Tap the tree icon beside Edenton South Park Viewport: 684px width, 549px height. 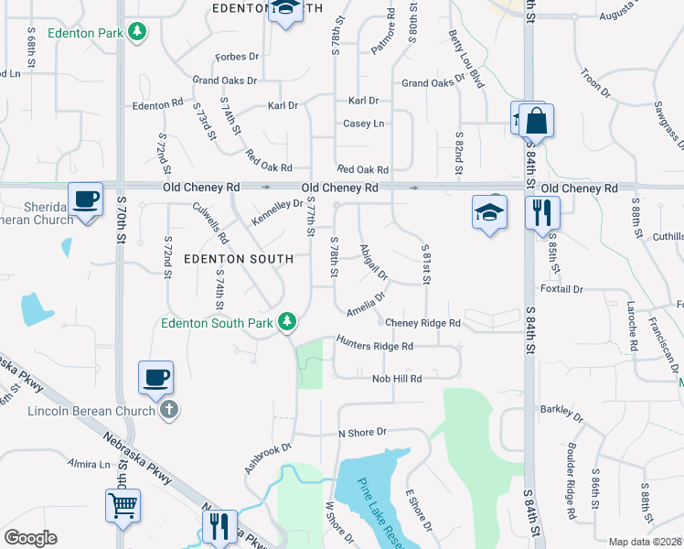point(287,321)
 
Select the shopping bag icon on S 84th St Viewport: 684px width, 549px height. point(537,121)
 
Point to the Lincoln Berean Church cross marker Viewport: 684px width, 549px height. point(168,411)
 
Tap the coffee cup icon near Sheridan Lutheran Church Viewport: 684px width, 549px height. point(85,199)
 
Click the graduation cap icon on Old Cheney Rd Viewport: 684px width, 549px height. point(490,212)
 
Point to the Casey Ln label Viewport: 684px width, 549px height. point(363,124)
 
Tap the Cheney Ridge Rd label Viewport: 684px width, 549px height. point(422,323)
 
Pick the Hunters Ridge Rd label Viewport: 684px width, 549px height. point(374,346)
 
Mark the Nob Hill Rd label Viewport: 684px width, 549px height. point(396,379)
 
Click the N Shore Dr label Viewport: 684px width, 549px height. point(362,432)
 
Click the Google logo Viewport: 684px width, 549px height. point(30,538)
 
